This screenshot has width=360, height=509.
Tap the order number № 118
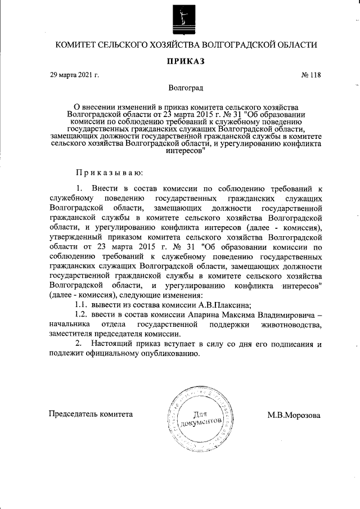311,75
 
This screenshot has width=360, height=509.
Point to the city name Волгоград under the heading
186,88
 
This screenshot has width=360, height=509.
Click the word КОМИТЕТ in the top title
76,44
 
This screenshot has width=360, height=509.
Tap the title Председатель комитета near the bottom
91,414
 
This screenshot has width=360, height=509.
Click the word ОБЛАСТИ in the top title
295,44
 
